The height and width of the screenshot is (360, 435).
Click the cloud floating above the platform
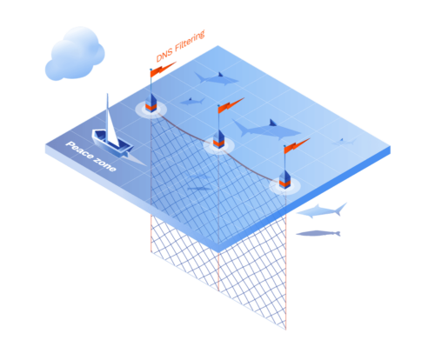(x=75, y=54)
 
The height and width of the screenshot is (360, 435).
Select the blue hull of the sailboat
(x=112, y=143)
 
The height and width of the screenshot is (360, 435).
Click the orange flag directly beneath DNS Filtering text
(x=163, y=69)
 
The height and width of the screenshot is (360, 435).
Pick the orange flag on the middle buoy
(x=231, y=105)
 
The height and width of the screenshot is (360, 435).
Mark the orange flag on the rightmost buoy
(x=297, y=145)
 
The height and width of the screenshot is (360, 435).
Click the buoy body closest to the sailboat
(x=151, y=103)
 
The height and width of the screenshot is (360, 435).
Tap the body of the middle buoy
(x=218, y=139)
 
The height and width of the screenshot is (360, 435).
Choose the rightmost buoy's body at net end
(x=284, y=180)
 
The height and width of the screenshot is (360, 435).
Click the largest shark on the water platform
(x=265, y=130)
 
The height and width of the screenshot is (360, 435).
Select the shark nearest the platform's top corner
(x=216, y=78)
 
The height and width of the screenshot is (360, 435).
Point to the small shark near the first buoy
(x=192, y=102)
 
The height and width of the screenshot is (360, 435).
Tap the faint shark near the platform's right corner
(x=345, y=142)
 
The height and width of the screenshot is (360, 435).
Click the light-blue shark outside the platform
(x=322, y=211)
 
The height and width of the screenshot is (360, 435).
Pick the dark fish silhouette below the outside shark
(x=318, y=233)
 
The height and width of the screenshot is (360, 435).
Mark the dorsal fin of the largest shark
(x=272, y=123)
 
